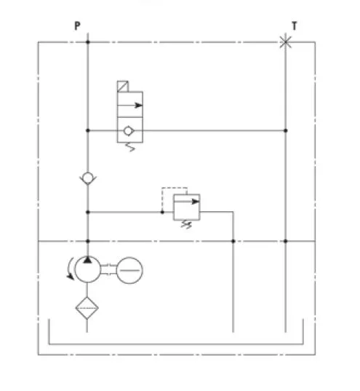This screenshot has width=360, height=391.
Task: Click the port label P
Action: (x=77, y=25)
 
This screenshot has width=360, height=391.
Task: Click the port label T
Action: (x=295, y=25)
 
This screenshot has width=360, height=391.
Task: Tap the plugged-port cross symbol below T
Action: (x=286, y=42)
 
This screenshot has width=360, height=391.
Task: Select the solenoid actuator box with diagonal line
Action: (x=123, y=87)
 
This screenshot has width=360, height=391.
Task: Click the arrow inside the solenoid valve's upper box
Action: (x=130, y=106)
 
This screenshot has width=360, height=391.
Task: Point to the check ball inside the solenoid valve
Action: (x=128, y=130)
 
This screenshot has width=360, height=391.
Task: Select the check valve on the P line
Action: (x=88, y=178)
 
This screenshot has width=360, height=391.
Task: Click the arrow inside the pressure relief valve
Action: (x=187, y=202)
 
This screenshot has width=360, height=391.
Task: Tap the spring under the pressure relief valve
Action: (x=186, y=224)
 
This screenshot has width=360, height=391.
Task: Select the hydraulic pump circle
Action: (x=88, y=269)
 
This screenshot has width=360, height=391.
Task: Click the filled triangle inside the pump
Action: (x=87, y=260)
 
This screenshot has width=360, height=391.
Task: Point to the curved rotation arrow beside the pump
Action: (x=70, y=269)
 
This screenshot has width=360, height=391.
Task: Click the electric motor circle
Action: (x=129, y=270)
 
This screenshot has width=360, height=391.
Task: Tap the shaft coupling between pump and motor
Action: (x=108, y=270)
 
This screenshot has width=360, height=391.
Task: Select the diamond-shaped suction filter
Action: (x=87, y=308)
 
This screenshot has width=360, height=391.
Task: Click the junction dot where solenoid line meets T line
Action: (x=286, y=130)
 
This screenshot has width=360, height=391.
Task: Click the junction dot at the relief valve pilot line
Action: (x=162, y=212)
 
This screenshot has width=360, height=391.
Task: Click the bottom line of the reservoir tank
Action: (x=176, y=344)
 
